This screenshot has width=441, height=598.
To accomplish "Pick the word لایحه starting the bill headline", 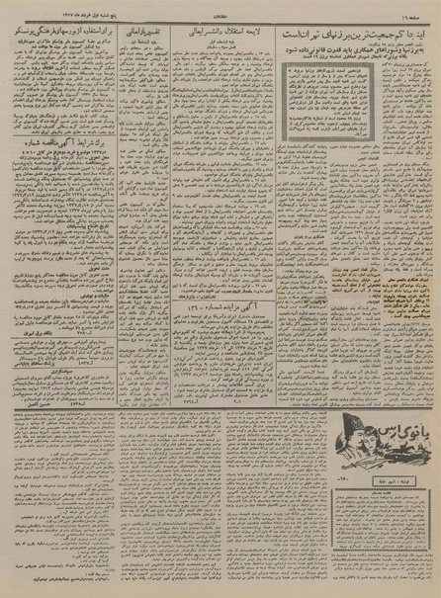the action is click(255, 32).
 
